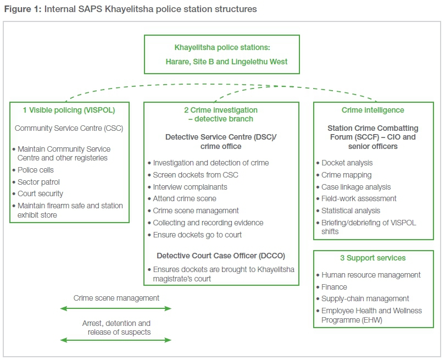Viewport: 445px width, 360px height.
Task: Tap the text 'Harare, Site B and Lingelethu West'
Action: [222, 62]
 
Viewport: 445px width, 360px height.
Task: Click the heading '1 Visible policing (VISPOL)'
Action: [70, 110]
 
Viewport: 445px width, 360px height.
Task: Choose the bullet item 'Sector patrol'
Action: [38, 182]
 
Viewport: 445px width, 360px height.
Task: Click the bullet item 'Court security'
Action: [40, 193]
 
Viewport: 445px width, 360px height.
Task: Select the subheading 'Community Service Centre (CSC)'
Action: [69, 129]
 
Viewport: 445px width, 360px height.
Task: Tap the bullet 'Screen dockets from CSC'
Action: [195, 175]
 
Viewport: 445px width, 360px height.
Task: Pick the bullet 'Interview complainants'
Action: [190, 187]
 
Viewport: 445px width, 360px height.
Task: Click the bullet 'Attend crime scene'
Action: [185, 198]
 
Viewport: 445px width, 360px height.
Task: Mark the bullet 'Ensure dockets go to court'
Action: [197, 235]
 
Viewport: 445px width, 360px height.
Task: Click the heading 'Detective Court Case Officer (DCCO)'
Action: [221, 256]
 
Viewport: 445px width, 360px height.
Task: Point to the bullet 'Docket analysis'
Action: [347, 163]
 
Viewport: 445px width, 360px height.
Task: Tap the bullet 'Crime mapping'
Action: [347, 175]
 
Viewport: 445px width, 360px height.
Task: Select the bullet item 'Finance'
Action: [335, 287]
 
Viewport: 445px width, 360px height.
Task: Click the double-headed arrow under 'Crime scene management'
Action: [116, 308]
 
